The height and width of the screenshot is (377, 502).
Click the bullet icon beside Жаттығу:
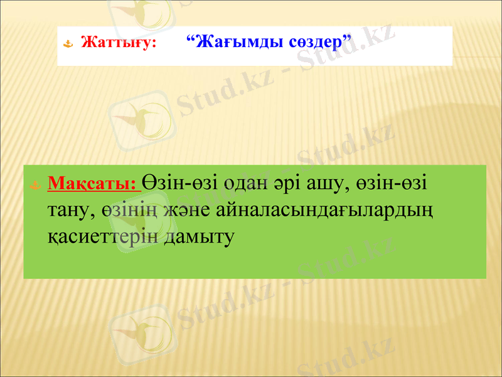[x=70, y=45]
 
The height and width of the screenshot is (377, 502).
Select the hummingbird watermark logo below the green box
[x=141, y=333]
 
